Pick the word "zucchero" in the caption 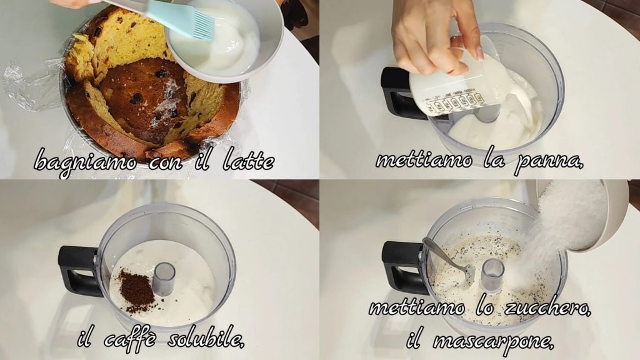click(547, 306)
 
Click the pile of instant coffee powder click(137, 291)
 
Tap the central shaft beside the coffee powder click(164, 278)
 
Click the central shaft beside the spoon click(493, 274)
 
